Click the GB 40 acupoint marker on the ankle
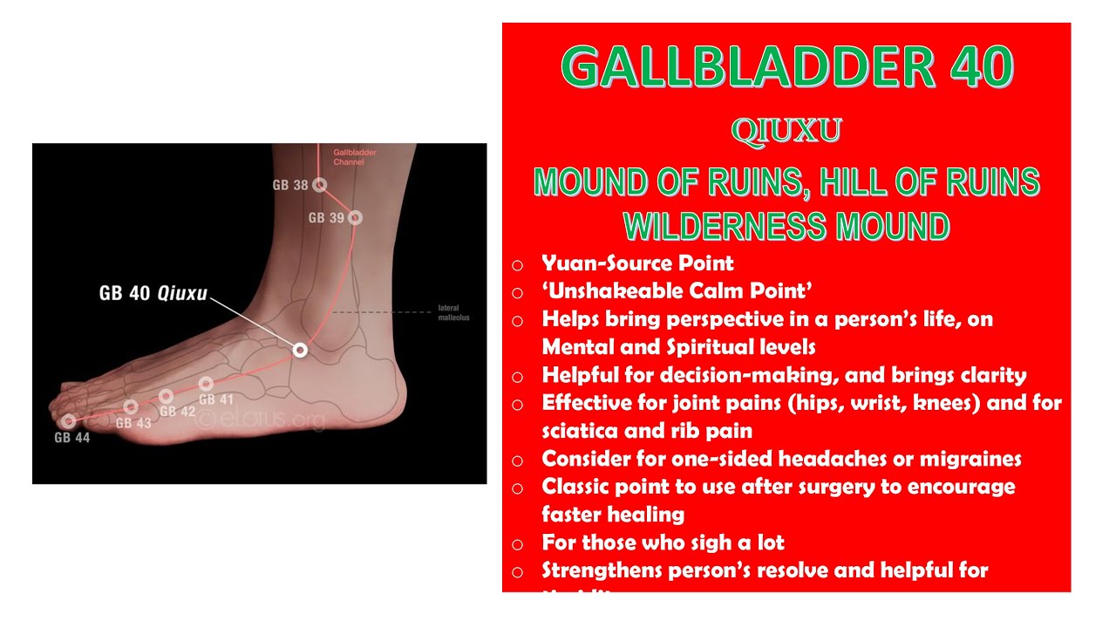pos(300,350)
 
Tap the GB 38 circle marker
pos(320,185)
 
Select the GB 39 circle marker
pos(354,217)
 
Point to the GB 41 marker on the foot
pos(206,384)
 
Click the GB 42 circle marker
pos(166,397)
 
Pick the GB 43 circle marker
pos(131,407)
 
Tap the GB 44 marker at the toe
pos(68,422)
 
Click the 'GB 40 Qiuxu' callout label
pos(153,293)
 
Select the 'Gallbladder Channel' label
pos(355,157)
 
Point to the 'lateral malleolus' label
pos(453,313)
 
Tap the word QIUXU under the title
pos(786,131)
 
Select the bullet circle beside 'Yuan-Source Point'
pos(518,264)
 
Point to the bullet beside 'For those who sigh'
pos(518,544)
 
